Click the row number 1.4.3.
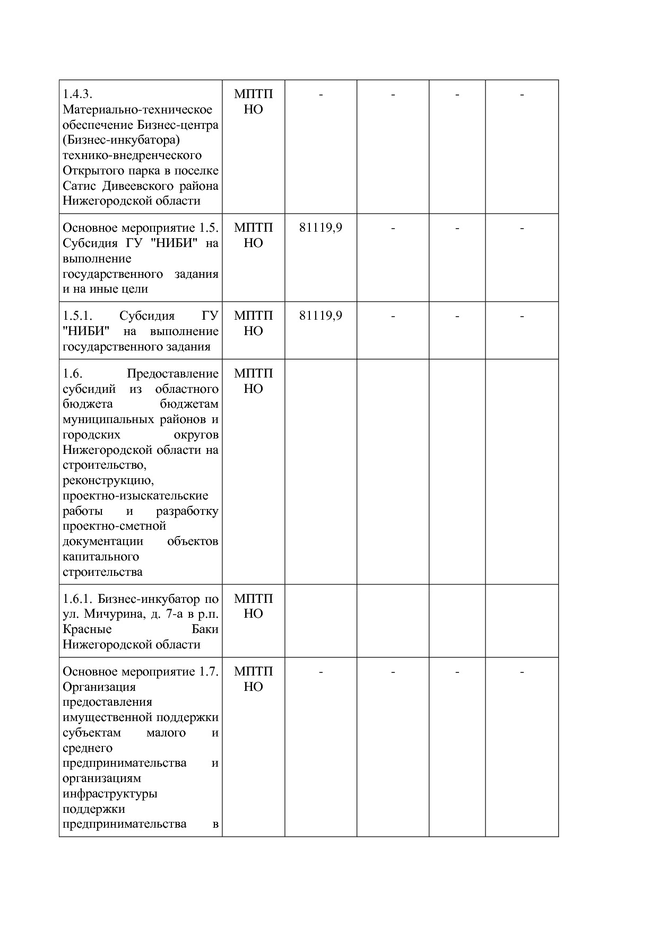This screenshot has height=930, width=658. click(x=77, y=94)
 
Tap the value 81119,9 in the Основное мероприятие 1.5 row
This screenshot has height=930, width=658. click(x=321, y=228)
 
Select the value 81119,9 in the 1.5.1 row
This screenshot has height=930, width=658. click(x=321, y=316)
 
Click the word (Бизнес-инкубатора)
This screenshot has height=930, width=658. click(x=122, y=141)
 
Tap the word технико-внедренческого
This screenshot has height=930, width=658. click(x=132, y=155)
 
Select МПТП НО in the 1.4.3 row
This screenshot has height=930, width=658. click(x=253, y=102)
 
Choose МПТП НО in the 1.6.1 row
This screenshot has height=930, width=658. click(x=253, y=606)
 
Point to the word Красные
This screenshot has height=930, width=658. click(x=87, y=629)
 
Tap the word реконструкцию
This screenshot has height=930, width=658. click(x=108, y=481)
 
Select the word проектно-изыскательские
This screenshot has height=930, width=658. click(x=135, y=496)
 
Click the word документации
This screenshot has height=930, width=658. click(x=103, y=541)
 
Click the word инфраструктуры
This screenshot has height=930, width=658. click(x=110, y=794)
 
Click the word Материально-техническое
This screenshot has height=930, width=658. click(x=137, y=110)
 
